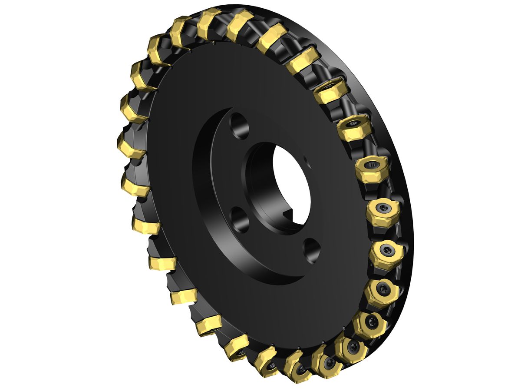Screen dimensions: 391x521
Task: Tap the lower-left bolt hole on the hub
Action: (240, 219)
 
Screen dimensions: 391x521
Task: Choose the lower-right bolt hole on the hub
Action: (312, 250)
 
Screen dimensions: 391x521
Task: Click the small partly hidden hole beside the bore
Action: (307, 161)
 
